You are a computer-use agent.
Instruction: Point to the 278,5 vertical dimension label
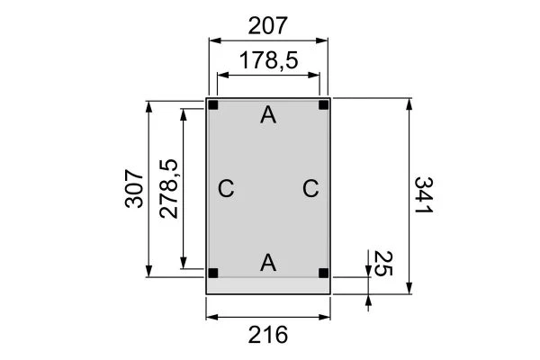point(168,189)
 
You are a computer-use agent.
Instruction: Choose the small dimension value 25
point(381,265)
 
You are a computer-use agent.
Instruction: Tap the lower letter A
point(267,262)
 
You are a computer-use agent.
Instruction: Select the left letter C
point(226,189)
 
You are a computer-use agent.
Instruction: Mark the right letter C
point(310,189)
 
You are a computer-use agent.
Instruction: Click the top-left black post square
point(213,105)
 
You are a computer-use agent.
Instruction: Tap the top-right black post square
point(323,105)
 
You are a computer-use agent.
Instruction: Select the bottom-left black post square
point(213,273)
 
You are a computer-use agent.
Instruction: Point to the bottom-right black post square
point(323,273)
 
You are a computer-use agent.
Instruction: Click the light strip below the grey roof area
point(268,286)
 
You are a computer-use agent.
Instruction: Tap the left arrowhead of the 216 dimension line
point(211,316)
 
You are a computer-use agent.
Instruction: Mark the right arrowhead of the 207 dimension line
point(326,40)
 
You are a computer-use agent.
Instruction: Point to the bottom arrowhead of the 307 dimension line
point(148,274)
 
